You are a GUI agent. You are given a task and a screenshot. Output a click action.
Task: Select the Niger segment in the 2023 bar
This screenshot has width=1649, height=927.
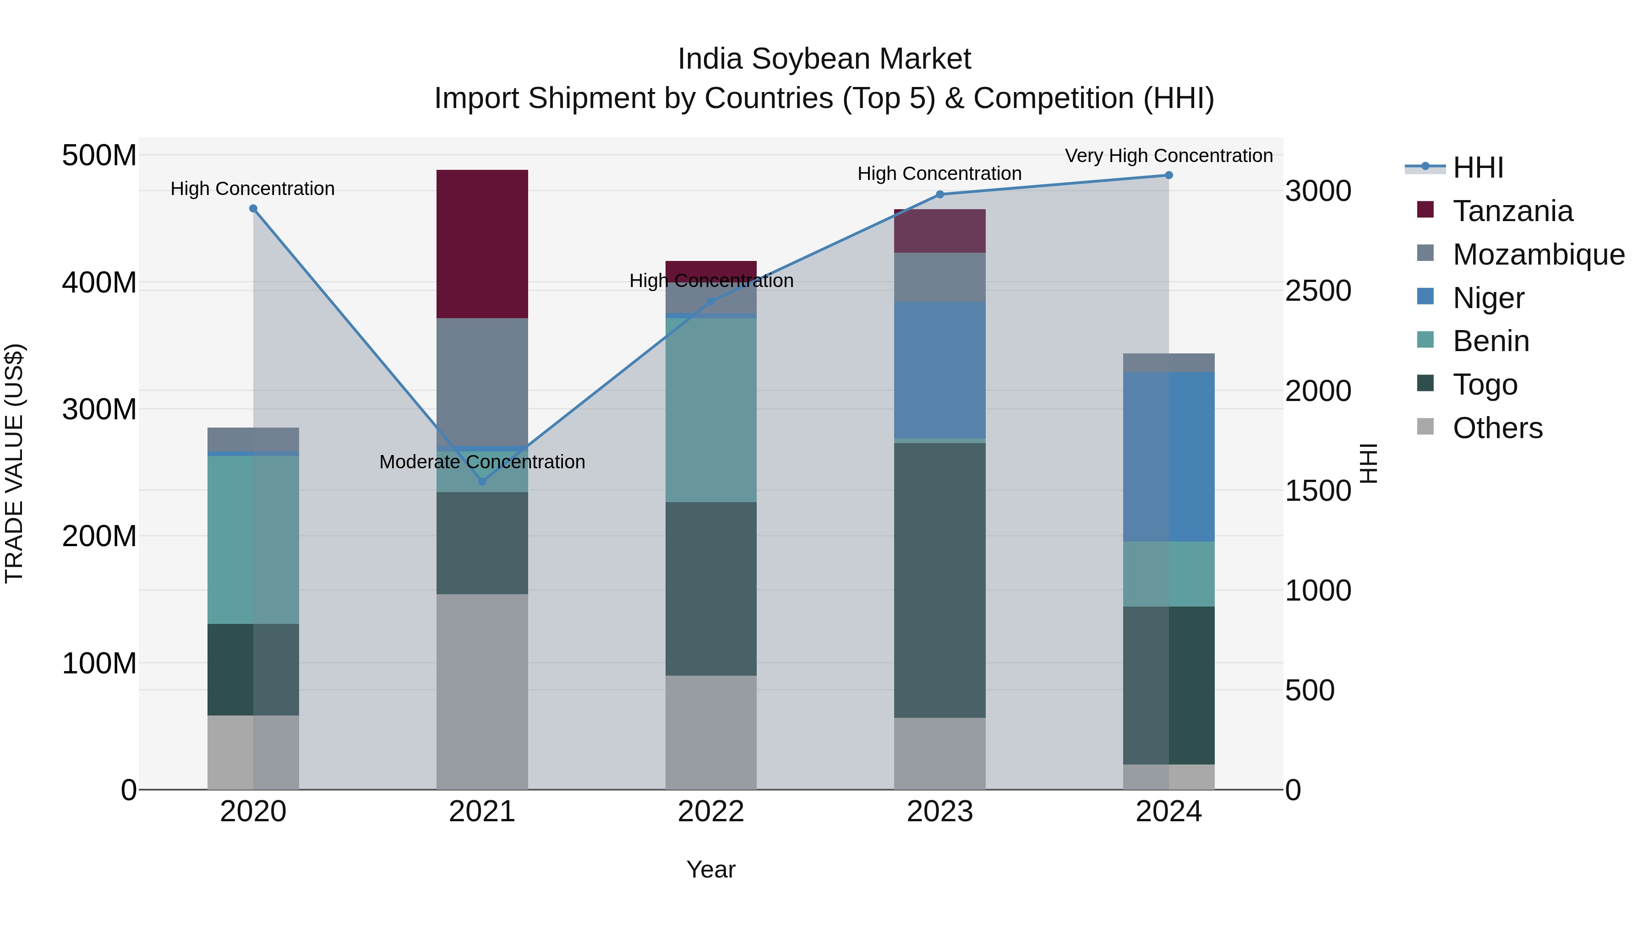(x=940, y=370)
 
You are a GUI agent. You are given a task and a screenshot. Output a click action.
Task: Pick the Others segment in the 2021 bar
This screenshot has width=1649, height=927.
(x=482, y=691)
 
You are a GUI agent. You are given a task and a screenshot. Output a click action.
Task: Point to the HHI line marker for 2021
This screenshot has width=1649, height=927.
(x=482, y=481)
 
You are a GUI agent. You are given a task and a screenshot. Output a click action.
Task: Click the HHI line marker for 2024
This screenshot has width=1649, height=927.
(x=1168, y=175)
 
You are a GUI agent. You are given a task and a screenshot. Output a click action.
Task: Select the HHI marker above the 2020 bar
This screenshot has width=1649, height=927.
(x=253, y=209)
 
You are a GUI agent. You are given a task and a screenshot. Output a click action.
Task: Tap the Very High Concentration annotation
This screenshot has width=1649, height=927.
(x=1168, y=156)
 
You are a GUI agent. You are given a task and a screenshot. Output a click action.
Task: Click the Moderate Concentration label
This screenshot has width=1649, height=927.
(x=482, y=462)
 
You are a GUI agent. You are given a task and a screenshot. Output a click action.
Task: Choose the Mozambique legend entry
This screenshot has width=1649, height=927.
(x=1538, y=255)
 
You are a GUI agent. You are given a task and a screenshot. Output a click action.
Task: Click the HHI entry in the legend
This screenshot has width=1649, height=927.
(x=1477, y=168)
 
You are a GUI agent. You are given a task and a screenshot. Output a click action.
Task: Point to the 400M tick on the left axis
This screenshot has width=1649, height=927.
(x=99, y=282)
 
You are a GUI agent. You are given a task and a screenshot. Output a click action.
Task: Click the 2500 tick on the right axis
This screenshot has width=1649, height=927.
(x=1318, y=291)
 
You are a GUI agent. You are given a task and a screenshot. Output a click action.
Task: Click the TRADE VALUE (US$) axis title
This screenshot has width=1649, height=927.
(x=14, y=463)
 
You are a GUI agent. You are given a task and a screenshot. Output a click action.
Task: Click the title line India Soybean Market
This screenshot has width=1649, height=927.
(x=824, y=59)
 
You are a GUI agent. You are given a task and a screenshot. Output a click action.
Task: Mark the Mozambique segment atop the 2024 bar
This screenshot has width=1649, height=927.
(x=1168, y=363)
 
